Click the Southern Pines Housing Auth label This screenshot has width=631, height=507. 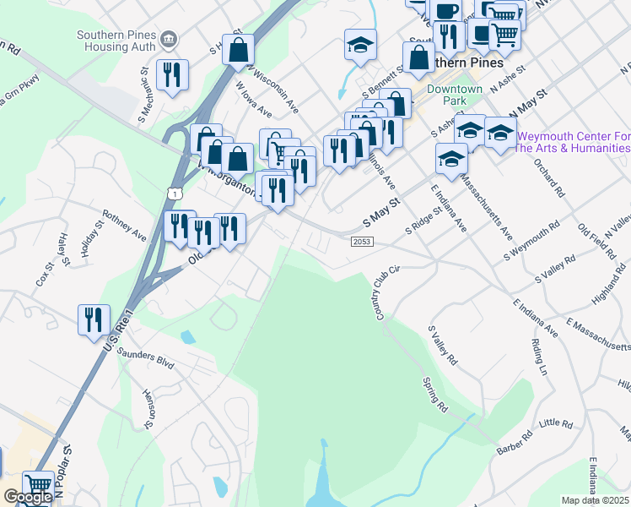pyautogui.click(x=117, y=41)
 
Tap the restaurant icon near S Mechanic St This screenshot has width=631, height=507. pyautogui.click(x=172, y=75)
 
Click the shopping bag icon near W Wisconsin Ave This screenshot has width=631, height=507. pyautogui.click(x=240, y=51)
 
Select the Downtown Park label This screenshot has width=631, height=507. pyautogui.click(x=455, y=95)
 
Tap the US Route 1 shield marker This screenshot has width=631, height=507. pyautogui.click(x=173, y=193)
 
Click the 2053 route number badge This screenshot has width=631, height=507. pyautogui.click(x=361, y=242)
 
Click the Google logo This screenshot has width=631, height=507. pyautogui.click(x=27, y=497)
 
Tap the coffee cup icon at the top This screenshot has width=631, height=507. pyautogui.click(x=445, y=12)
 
